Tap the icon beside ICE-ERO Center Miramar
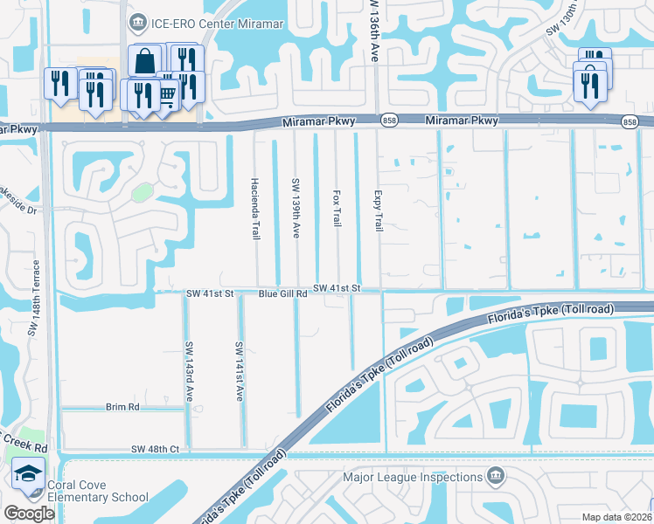[137, 21]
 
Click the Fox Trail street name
[337, 209]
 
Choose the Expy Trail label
[378, 210]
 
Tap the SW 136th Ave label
[371, 30]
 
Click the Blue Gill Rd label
[282, 294]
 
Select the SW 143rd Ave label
[188, 371]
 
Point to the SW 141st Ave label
[238, 371]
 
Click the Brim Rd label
[122, 407]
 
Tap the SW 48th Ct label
[155, 449]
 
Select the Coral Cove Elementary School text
[86, 492]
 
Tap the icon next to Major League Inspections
[496, 477]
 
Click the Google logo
[29, 514]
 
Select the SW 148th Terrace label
[35, 298]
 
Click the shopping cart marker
[165, 94]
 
